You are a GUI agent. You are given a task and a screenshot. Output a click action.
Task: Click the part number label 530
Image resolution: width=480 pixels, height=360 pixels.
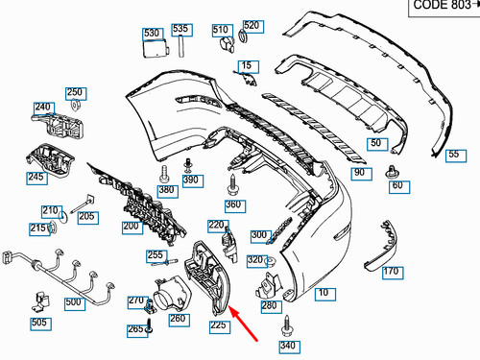tap(152, 34)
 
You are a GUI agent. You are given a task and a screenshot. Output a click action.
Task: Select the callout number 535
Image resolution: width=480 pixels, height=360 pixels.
tap(180, 29)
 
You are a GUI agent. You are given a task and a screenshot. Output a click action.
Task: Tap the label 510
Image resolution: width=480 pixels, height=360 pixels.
tap(221, 29)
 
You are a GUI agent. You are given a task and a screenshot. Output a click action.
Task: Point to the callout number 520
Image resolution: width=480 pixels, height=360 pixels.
tap(251, 25)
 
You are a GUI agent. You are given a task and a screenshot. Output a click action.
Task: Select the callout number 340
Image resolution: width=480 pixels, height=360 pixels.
tap(288, 346)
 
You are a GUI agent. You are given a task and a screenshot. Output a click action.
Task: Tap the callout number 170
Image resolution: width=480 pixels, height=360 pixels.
tap(391, 273)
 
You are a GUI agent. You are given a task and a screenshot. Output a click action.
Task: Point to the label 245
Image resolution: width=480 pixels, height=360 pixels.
tap(36, 177)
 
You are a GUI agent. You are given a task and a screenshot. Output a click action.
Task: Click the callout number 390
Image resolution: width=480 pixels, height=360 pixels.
tap(191, 180)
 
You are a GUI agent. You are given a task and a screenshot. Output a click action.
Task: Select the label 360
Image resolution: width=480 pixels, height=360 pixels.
tap(234, 204)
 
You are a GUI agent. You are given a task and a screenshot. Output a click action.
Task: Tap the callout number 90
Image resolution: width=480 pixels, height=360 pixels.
tap(360, 173)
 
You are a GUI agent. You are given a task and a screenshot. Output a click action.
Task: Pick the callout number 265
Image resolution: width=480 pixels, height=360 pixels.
tap(135, 329)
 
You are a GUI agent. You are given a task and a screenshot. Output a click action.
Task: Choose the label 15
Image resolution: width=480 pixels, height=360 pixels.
tap(250, 66)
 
